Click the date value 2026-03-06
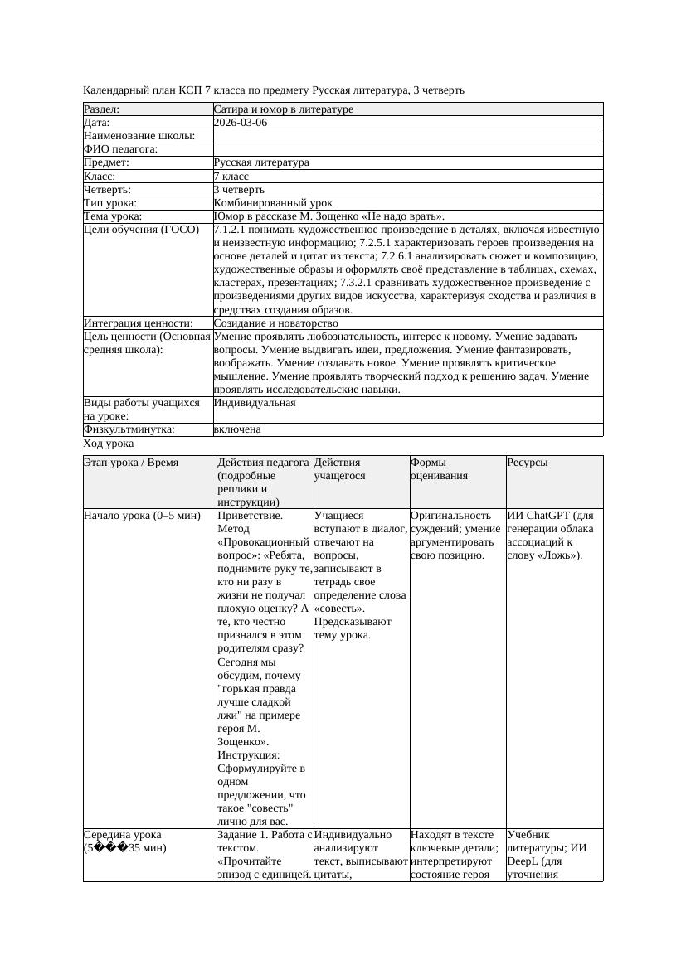(x=241, y=123)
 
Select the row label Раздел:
(x=102, y=109)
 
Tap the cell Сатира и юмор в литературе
(x=283, y=109)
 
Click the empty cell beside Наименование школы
(x=407, y=136)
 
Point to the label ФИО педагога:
(x=121, y=149)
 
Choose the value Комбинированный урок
(x=273, y=203)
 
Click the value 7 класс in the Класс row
(x=231, y=177)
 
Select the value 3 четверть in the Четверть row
(x=239, y=190)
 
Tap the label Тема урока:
(x=113, y=216)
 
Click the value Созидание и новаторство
(x=275, y=323)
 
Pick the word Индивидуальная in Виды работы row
(x=255, y=403)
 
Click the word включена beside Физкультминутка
(x=237, y=429)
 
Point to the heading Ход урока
(x=109, y=444)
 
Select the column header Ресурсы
(x=528, y=463)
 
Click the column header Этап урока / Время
(x=131, y=463)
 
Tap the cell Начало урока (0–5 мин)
(x=143, y=516)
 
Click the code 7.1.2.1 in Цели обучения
(x=230, y=230)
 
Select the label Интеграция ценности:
(x=138, y=323)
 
